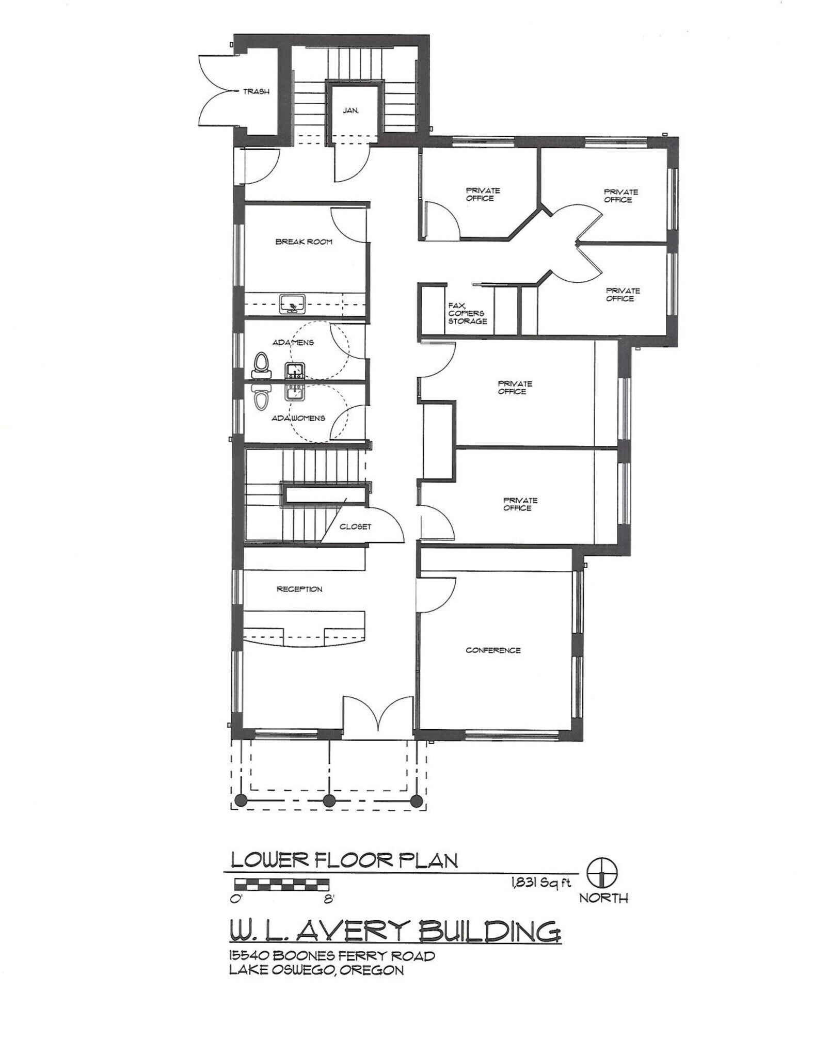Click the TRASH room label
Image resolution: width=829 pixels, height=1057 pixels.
(x=256, y=92)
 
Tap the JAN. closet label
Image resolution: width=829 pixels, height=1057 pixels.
(x=350, y=110)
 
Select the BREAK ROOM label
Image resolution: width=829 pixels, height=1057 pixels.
(x=304, y=242)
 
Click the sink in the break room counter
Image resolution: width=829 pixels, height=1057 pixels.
(x=293, y=304)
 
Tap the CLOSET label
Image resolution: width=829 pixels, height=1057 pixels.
(x=355, y=527)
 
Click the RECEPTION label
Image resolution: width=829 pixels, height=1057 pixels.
(x=299, y=589)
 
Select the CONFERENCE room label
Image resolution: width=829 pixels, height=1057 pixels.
(x=493, y=650)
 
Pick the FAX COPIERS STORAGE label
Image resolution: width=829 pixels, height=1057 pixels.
(x=467, y=313)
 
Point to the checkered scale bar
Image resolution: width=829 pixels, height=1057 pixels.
(x=281, y=885)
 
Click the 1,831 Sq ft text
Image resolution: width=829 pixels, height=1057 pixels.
(x=540, y=883)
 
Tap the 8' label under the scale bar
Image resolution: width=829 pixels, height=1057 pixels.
(x=329, y=899)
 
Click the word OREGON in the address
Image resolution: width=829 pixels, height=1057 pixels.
(x=371, y=970)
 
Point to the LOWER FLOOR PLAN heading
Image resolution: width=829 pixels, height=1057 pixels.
(x=344, y=860)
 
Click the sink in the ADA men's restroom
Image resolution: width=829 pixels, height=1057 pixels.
(x=294, y=370)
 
